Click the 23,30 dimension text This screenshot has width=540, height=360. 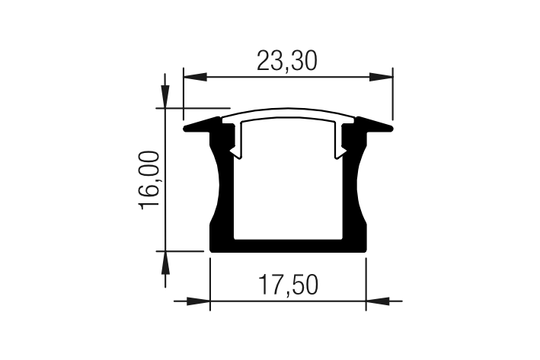[x=287, y=61]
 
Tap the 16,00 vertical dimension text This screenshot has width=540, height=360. [x=149, y=180]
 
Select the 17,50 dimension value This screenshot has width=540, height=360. [x=289, y=285]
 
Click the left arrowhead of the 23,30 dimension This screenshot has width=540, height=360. [x=195, y=77]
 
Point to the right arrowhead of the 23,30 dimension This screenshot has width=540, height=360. [x=381, y=77]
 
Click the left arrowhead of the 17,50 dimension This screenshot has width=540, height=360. [x=198, y=301]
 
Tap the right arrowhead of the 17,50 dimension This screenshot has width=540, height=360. [x=378, y=301]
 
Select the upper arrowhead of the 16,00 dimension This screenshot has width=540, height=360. [x=165, y=97]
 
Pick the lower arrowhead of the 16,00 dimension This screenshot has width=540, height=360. [x=165, y=263]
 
